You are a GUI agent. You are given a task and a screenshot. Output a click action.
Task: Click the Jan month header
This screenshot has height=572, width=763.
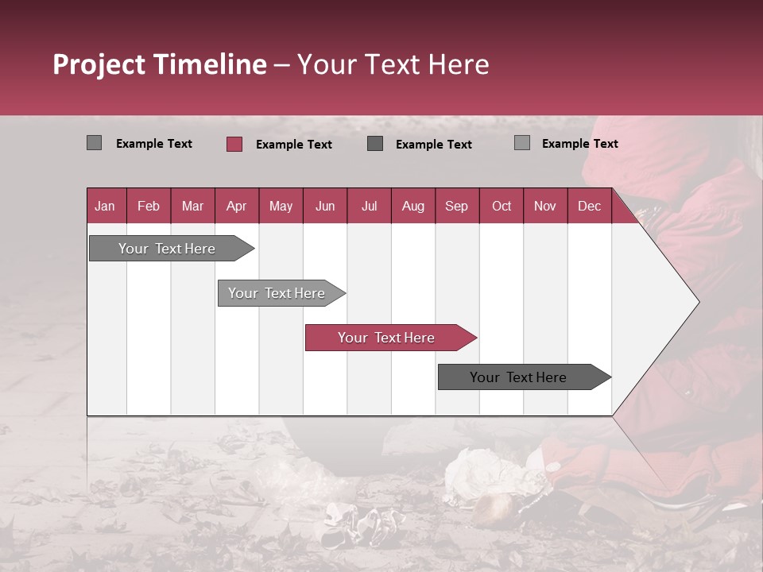(106, 206)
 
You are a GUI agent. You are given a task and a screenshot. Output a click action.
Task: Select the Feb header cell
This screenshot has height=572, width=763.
(149, 206)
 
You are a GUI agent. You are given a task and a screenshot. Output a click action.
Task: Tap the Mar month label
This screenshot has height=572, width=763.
(192, 206)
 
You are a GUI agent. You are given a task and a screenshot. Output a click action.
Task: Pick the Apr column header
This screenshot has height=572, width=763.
(237, 206)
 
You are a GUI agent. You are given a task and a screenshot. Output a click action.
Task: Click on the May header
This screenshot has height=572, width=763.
(281, 206)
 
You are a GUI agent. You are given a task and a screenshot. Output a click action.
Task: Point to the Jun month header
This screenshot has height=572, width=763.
(325, 206)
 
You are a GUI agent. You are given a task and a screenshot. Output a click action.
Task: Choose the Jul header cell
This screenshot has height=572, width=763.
(369, 206)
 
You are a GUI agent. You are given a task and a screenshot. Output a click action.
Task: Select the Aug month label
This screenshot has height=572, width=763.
(413, 206)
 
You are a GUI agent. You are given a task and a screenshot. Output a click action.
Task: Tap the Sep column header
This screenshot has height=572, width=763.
(457, 206)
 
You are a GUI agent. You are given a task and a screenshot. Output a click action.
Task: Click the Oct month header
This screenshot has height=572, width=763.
(502, 206)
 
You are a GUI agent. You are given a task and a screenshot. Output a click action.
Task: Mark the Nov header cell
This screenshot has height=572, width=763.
(545, 206)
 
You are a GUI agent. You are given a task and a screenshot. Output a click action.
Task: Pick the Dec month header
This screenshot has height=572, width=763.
(589, 206)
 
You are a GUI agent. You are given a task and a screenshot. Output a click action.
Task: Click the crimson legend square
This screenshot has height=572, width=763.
(234, 144)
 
